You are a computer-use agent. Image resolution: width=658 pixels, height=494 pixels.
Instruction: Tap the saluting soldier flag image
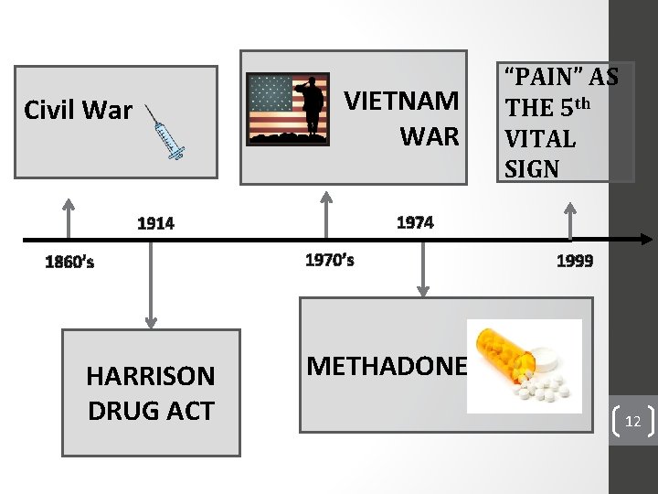[289, 109]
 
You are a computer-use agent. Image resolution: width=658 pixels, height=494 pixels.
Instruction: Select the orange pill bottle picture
[524, 366]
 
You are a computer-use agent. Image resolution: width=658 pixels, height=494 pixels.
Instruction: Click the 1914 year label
[155, 222]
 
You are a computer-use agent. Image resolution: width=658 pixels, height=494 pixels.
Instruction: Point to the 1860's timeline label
[69, 263]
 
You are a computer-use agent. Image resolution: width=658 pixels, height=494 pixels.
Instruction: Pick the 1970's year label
[329, 260]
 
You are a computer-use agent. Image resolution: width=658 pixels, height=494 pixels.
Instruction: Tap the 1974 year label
[415, 222]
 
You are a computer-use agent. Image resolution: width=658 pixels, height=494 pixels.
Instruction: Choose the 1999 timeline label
[575, 261]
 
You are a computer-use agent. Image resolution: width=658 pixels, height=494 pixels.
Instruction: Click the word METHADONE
[387, 367]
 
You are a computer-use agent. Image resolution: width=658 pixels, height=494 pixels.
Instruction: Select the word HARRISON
[151, 376]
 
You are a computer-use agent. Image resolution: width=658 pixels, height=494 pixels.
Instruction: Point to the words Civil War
[79, 111]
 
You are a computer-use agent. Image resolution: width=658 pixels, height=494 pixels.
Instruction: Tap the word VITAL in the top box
[540, 139]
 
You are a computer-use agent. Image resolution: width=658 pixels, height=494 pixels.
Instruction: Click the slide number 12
[632, 422]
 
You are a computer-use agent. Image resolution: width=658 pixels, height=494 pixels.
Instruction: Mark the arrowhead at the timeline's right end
[644, 240]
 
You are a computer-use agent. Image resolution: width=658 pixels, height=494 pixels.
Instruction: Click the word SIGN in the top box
[531, 169]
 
